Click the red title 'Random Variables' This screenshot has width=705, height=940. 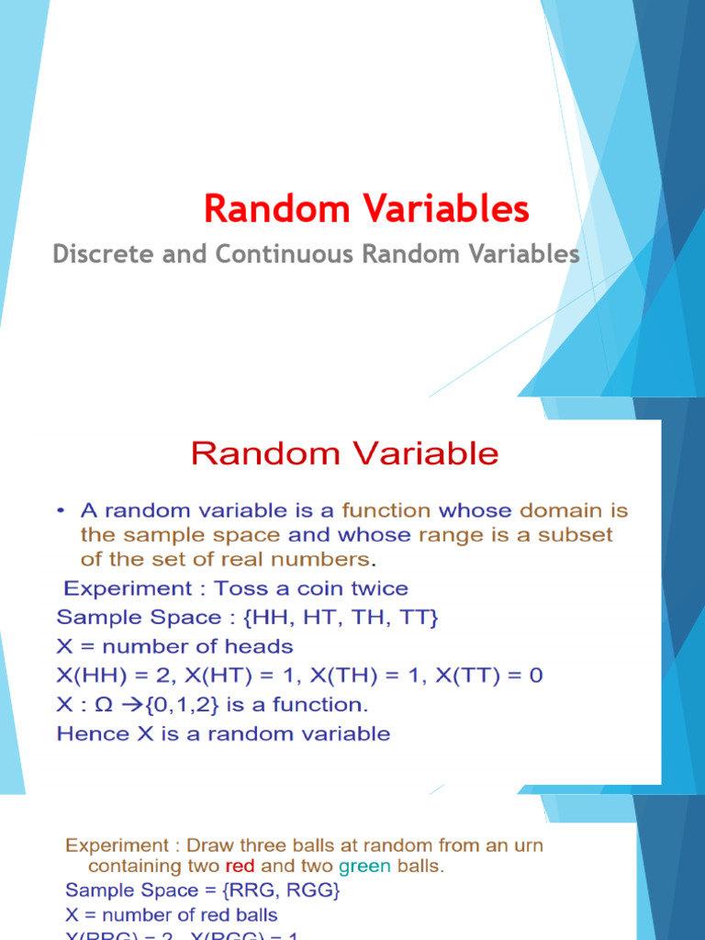coord(366,209)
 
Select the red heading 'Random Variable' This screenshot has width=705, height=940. coord(344,453)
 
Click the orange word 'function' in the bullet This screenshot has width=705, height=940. coord(386,509)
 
